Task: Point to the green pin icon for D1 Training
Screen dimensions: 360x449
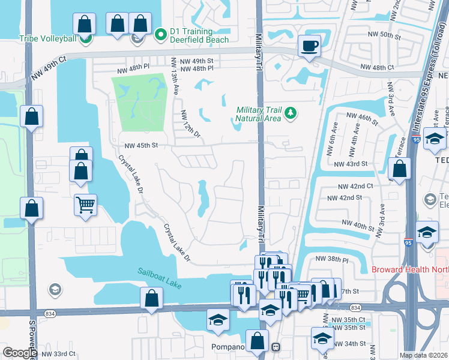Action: [x=160, y=35]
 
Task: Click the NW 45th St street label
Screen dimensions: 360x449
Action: [x=140, y=145]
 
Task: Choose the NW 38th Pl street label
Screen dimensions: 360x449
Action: [x=332, y=259]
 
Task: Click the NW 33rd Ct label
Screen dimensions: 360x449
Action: [x=59, y=353]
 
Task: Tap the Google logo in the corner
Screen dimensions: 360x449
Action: [x=19, y=353]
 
